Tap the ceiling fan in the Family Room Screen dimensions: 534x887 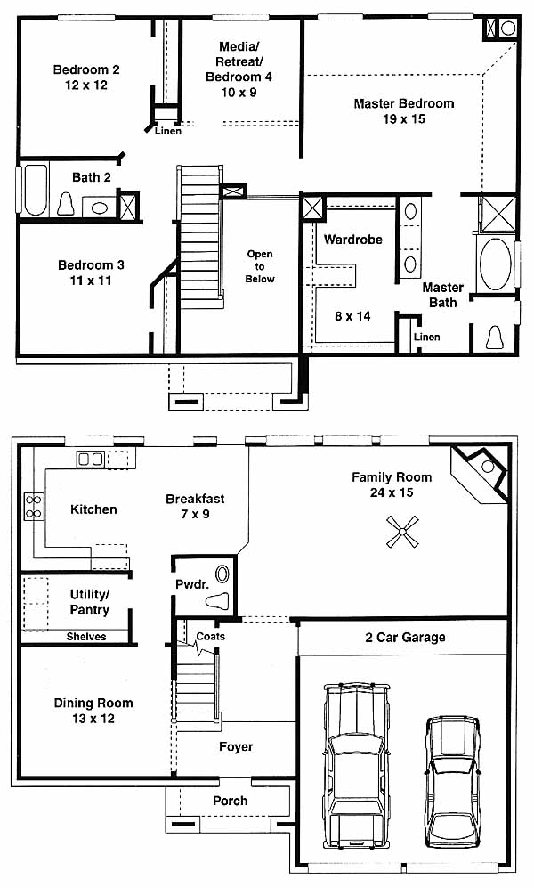point(403,532)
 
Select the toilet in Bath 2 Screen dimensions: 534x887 point(66,204)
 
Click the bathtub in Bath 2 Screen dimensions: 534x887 point(35,190)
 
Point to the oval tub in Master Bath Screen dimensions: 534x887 point(496,264)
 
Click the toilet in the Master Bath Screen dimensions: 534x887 point(496,338)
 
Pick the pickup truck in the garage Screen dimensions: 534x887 point(357,765)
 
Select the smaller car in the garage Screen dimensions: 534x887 point(452,781)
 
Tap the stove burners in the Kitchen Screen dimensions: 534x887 point(34,507)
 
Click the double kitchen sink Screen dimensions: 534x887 point(91,459)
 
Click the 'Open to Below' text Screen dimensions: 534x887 point(260,266)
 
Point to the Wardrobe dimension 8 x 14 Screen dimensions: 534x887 point(352,316)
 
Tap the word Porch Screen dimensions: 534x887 point(230,801)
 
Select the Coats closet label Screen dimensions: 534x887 point(210,637)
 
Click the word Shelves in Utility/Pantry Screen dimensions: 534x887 point(86,637)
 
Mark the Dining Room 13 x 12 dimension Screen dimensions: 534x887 point(93,719)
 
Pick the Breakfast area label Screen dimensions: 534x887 point(195,499)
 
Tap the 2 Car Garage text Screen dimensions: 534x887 point(405,638)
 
